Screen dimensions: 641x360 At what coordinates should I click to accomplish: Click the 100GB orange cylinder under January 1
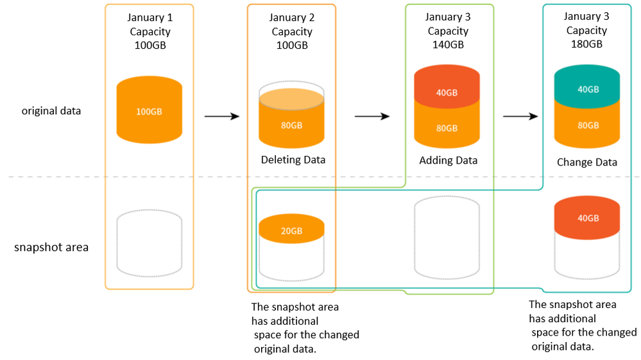pos(150,110)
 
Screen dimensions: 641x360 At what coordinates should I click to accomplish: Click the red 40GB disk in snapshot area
pos(587,218)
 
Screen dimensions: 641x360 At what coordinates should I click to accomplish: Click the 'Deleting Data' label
pos(293,160)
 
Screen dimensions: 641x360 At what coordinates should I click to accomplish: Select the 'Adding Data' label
pos(448,160)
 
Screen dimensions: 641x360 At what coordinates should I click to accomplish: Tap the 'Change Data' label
pos(587,162)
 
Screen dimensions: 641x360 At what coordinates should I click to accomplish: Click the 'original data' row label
pos(51,111)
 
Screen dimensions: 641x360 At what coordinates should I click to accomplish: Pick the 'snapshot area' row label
pos(51,247)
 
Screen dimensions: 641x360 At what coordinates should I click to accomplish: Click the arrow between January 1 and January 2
pos(221,116)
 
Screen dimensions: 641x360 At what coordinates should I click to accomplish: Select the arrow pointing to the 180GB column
pos(520,116)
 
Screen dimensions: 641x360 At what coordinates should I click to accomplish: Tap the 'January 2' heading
pos(292,17)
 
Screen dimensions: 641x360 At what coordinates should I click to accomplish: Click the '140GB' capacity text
pos(448,44)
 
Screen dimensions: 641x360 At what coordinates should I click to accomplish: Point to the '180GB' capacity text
pos(586,44)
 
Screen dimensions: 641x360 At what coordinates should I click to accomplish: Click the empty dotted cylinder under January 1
pos(150,244)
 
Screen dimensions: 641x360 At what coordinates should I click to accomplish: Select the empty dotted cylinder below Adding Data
pos(447,237)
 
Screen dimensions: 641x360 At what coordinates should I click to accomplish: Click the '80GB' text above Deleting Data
pos(291,125)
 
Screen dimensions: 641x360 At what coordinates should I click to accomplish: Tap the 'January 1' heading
pos(150,17)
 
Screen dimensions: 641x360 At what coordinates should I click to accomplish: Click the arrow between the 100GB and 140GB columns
pos(372,116)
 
